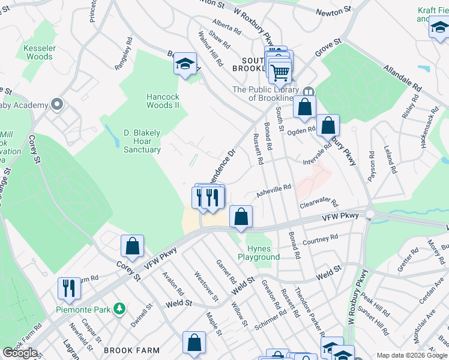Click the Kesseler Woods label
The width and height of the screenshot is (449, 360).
39,52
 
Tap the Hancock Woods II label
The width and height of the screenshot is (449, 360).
163,100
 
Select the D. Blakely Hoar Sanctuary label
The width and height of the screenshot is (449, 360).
142,140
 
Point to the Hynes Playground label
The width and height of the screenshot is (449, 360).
259,253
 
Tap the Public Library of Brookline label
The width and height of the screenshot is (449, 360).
264,94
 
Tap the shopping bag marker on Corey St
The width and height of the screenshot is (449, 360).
132,246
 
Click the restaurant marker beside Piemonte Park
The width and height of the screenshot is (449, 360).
70,288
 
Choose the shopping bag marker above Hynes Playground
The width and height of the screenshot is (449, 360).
241,217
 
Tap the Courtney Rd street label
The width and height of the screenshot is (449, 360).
321,241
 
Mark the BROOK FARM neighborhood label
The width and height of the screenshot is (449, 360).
131,350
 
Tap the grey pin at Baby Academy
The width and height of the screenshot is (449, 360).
57,105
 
